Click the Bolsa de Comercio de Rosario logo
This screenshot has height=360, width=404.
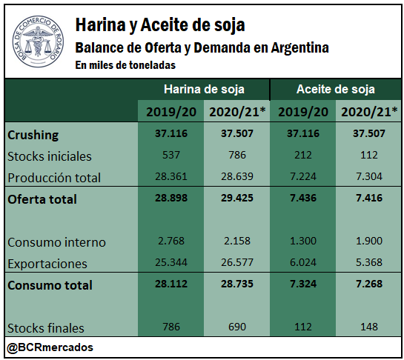pyautogui.click(x=38, y=41)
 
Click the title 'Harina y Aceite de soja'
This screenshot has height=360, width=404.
pyautogui.click(x=160, y=25)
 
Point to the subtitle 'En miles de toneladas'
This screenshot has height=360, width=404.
pyautogui.click(x=125, y=65)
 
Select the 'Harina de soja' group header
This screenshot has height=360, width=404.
pyautogui.click(x=204, y=90)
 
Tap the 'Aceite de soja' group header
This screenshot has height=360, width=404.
pyautogui.click(x=336, y=90)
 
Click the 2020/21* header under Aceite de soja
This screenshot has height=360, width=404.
pyautogui.click(x=369, y=112)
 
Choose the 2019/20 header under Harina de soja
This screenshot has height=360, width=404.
pyautogui.click(x=171, y=112)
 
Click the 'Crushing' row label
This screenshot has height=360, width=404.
pyautogui.click(x=33, y=135)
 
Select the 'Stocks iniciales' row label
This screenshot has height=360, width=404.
pyautogui.click(x=50, y=156)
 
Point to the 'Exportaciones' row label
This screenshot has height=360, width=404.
pyautogui.click(x=47, y=264)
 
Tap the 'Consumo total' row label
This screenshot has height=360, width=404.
pyautogui.click(x=50, y=285)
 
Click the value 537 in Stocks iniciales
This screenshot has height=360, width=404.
pyautogui.click(x=171, y=155)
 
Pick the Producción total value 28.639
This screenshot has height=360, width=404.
pyautogui.click(x=237, y=176)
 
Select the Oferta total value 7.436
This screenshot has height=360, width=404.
pyautogui.click(x=303, y=198)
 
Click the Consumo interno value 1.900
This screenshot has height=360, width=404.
pyautogui.click(x=369, y=241)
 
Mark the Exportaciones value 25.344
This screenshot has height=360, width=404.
pyautogui.click(x=171, y=262)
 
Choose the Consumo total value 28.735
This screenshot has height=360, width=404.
pyautogui.click(x=237, y=284)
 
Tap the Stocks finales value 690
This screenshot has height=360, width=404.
pyautogui.click(x=237, y=327)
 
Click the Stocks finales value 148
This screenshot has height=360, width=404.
pyautogui.click(x=369, y=327)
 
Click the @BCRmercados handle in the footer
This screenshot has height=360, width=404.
pyautogui.click(x=50, y=347)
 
